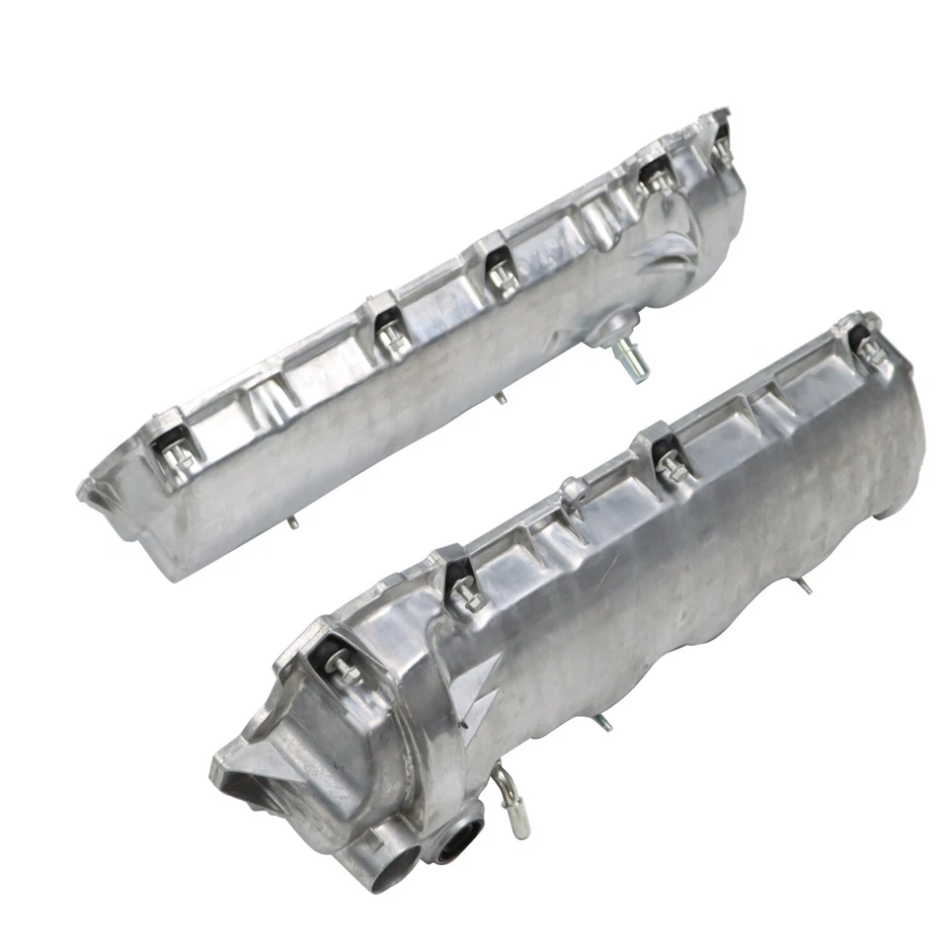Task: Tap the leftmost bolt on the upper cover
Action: (178, 452)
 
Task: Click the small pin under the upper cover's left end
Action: (292, 520)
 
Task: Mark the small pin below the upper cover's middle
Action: (501, 397)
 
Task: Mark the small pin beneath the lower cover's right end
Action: (805, 586)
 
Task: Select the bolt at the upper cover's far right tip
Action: (721, 143)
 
